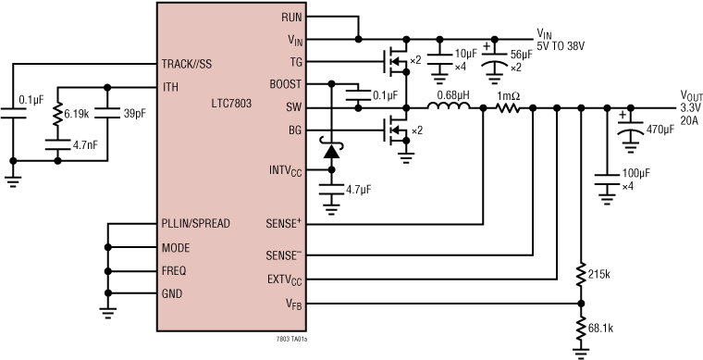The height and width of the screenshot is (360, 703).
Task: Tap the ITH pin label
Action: pos(171,87)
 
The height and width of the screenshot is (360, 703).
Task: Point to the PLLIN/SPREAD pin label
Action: pos(195,223)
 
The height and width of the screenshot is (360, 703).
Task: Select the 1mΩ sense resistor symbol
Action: pos(508,108)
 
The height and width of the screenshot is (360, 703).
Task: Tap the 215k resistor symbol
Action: pos(580,274)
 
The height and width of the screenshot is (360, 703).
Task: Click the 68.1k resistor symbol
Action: pos(580,329)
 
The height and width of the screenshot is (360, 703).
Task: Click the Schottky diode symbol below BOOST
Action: pos(330,148)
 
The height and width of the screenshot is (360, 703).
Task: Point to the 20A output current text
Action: pos(690,119)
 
